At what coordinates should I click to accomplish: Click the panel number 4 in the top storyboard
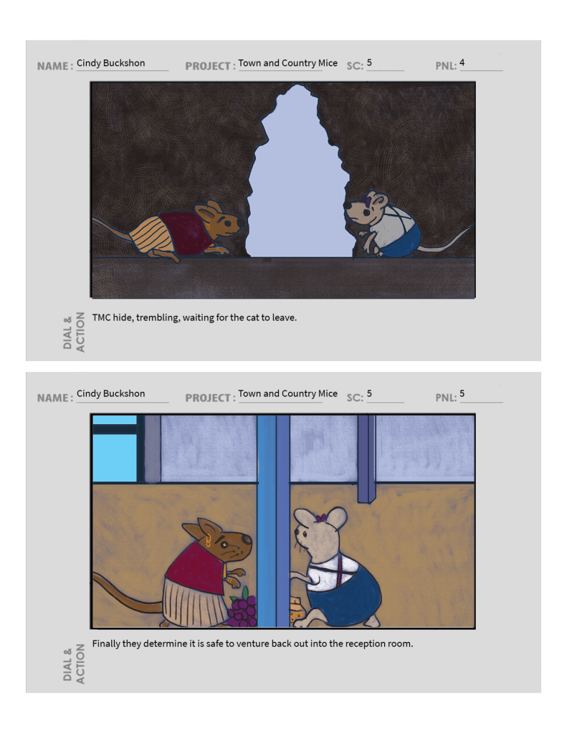(x=462, y=62)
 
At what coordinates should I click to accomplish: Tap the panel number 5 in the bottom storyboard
(x=462, y=393)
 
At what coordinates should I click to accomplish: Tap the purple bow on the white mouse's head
(x=321, y=518)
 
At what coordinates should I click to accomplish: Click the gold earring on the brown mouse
(x=208, y=542)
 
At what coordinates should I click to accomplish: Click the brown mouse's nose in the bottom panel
(x=247, y=540)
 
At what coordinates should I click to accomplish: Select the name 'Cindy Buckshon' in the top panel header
(x=111, y=63)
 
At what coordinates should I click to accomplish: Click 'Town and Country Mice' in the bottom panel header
(x=287, y=393)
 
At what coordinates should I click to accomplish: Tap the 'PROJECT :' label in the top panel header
(x=210, y=66)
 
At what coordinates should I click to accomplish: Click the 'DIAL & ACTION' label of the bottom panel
(x=74, y=663)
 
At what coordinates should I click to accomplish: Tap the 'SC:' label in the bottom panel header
(x=355, y=398)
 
